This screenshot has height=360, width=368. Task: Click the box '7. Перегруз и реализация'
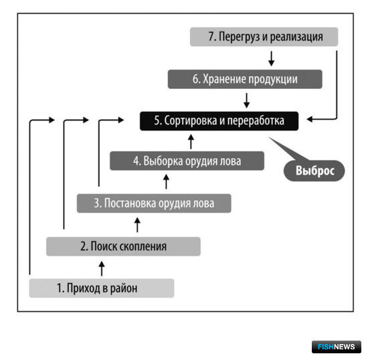point(264,37)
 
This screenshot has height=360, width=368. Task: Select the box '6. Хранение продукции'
point(245,79)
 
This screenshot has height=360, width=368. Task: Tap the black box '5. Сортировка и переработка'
point(219,121)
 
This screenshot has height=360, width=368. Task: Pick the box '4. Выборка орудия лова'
point(187,161)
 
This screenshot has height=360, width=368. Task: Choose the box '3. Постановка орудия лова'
point(154,203)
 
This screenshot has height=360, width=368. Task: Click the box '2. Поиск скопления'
point(124,246)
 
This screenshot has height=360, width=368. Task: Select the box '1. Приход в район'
point(102,288)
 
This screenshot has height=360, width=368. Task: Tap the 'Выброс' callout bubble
point(314,171)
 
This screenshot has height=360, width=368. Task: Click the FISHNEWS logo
point(337,347)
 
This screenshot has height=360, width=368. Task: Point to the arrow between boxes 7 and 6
point(272,59)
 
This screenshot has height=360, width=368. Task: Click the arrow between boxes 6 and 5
point(247,100)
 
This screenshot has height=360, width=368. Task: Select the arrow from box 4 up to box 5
point(191,141)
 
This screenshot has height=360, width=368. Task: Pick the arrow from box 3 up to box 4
point(166,181)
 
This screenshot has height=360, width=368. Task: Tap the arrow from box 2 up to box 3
point(137,225)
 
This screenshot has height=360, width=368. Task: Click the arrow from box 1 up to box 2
point(102,269)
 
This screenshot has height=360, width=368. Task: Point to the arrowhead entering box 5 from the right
point(310,119)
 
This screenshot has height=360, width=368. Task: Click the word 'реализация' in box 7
point(296,37)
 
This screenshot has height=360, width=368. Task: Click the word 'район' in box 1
point(124,288)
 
